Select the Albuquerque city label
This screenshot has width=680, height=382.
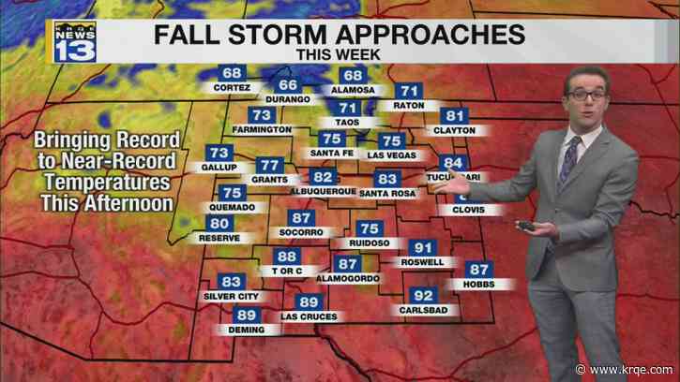(x=322, y=191)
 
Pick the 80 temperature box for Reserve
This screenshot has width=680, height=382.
(x=219, y=224)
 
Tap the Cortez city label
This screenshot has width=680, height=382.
(x=232, y=87)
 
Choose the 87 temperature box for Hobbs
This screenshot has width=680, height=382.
(x=478, y=270)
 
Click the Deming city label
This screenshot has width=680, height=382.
(x=246, y=330)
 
